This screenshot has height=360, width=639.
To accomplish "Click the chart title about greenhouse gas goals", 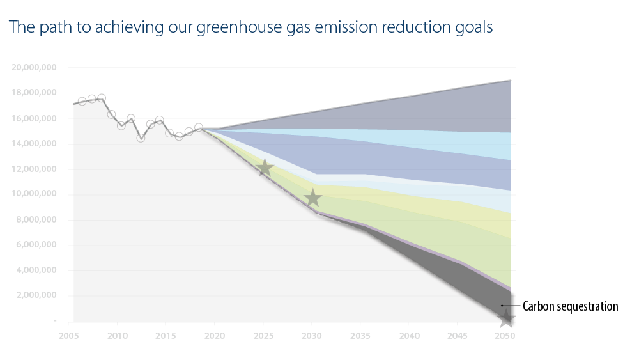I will tap(250, 27).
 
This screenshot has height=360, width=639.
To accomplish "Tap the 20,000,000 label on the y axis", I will tap(35, 67).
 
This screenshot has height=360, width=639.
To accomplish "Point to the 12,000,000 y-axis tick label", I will tap(35, 169).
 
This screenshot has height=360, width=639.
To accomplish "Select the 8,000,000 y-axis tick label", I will tap(35, 220).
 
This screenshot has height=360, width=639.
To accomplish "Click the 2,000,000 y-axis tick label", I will tap(35, 296).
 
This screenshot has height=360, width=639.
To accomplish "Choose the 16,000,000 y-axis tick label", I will tap(35, 118).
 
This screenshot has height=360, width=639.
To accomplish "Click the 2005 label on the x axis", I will tap(68, 335).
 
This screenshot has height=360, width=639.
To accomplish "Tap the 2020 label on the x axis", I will tap(214, 335).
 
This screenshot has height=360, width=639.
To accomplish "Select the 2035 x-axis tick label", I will tap(360, 335).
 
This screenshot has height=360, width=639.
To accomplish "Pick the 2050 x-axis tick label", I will tap(506, 335).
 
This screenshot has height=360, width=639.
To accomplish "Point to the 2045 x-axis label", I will tap(458, 335).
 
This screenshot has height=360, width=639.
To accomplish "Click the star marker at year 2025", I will tap(265, 169).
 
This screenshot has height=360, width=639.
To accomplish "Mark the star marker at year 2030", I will tap(312, 198).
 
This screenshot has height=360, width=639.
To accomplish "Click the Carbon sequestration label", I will tap(570, 306).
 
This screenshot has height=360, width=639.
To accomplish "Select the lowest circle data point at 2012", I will tap(141, 137).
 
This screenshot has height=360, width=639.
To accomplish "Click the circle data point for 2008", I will tap(102, 98).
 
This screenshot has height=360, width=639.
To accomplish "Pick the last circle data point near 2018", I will tap(199, 127).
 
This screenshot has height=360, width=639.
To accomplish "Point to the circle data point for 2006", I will tap(82, 101).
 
